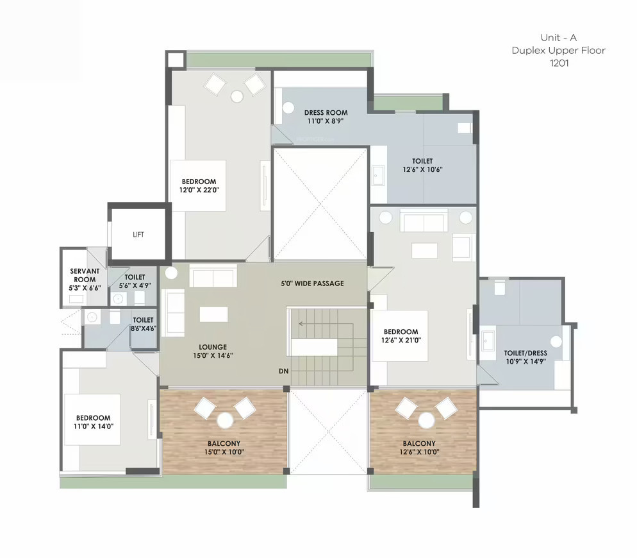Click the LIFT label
(x=138, y=235)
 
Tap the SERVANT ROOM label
(x=85, y=275)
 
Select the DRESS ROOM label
(x=326, y=113)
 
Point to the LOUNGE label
(x=213, y=347)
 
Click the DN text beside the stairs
(x=283, y=371)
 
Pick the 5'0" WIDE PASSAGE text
(x=312, y=283)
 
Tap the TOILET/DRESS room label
(x=525, y=353)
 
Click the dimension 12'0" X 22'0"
(x=199, y=190)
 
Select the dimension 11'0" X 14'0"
(x=94, y=427)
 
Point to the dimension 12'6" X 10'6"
(x=422, y=169)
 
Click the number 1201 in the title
(x=559, y=63)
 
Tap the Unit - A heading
(x=559, y=37)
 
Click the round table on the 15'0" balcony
(x=225, y=421)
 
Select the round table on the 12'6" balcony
(x=426, y=421)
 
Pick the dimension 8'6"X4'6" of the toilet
(x=143, y=328)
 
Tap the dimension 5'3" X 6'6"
(x=85, y=288)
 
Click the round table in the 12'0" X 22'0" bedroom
(x=237, y=96)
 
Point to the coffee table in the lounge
(x=213, y=314)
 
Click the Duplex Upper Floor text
(x=559, y=51)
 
